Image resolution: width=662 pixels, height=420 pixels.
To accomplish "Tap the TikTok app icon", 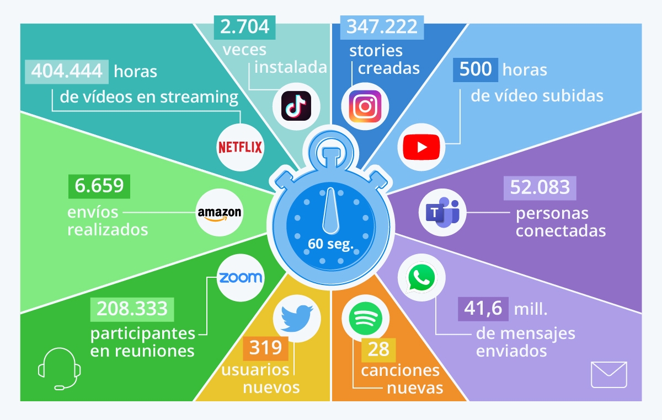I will (296, 105).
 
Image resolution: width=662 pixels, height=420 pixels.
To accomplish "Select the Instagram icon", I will (364, 106).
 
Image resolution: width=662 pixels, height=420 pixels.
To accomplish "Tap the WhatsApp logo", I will (421, 276).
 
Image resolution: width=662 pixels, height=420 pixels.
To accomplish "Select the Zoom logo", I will (240, 277).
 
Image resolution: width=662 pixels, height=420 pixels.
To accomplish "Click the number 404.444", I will (67, 71).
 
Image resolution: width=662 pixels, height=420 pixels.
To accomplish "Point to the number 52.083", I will (540, 187).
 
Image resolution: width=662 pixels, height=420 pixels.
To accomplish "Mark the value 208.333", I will (132, 309).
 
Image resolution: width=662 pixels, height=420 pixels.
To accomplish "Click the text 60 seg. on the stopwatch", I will (330, 243).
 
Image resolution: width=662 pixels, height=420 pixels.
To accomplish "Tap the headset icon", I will (59, 368).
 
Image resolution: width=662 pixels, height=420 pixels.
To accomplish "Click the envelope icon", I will (608, 375).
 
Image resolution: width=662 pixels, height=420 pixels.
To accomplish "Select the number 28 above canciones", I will (378, 349).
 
